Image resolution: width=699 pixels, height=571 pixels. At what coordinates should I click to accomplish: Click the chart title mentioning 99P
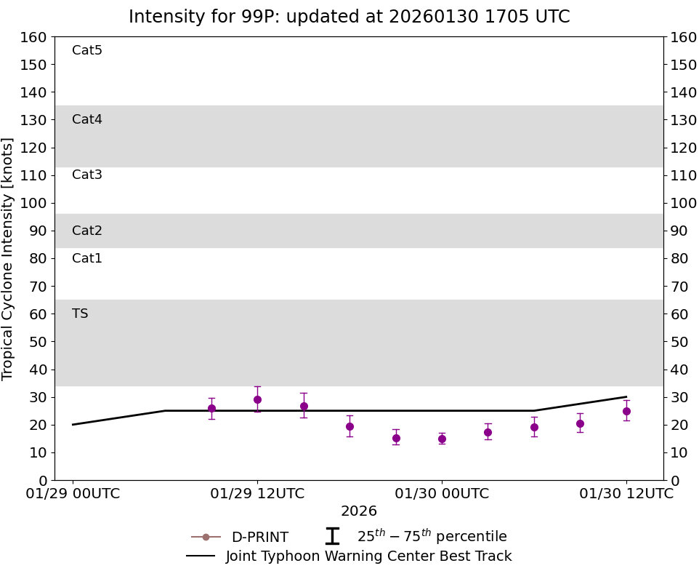[x=349, y=17]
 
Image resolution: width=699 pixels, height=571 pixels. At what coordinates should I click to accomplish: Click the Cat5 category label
[x=87, y=50]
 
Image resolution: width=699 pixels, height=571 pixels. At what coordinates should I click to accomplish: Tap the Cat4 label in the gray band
[x=87, y=119]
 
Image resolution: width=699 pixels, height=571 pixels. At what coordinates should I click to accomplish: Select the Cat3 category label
[x=87, y=175]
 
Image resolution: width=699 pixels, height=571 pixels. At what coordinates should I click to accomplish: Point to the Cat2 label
[x=87, y=231]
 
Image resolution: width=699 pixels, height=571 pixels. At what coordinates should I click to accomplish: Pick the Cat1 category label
[x=87, y=258]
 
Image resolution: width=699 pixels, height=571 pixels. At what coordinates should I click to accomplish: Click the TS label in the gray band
[x=80, y=314]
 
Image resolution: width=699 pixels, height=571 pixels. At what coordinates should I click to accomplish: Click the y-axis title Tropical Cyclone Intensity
[x=8, y=258]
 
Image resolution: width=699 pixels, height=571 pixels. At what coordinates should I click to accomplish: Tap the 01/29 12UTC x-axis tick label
[x=257, y=493]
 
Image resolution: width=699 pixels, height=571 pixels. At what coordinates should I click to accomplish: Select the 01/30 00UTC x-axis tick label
[x=442, y=493]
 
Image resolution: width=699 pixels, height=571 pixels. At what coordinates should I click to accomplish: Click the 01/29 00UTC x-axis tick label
[x=73, y=493]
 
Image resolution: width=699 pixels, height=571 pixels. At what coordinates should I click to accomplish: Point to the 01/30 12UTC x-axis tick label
[x=626, y=493]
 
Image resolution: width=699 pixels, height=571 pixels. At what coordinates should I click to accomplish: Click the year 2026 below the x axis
[x=359, y=511]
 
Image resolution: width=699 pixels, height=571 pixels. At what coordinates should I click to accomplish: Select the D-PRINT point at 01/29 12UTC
[x=257, y=399]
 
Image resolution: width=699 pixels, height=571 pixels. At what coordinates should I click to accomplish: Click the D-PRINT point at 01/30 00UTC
[x=442, y=439]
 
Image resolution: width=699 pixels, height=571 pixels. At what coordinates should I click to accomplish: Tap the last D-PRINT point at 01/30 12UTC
[x=626, y=411]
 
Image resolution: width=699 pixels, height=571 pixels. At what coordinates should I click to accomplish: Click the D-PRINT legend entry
[x=259, y=537]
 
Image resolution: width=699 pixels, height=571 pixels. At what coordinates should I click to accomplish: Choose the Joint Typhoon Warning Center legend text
[x=368, y=556]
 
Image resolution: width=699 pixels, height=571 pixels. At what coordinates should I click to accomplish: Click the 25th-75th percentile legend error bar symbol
[x=332, y=536]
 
